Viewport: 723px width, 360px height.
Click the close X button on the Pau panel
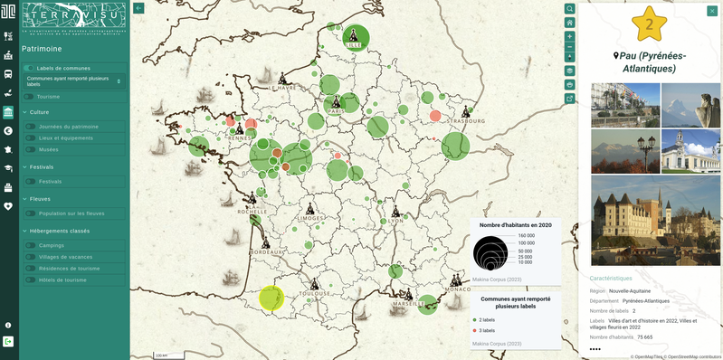pyautogui.click(x=712, y=11)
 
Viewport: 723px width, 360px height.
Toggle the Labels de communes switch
pyautogui.click(x=29, y=68)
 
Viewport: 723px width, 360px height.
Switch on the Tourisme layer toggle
pyautogui.click(x=29, y=96)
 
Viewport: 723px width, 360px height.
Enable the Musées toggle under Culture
pyautogui.click(x=30, y=149)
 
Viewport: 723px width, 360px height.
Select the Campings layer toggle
pyautogui.click(x=30, y=245)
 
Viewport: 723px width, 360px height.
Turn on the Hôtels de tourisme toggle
pyautogui.click(x=30, y=279)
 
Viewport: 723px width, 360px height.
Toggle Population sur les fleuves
pyautogui.click(x=30, y=213)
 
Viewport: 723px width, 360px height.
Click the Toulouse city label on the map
pyautogui.click(x=314, y=294)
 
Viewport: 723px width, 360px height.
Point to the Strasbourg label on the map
pyautogui.click(x=467, y=120)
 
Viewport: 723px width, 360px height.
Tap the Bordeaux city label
pyautogui.click(x=268, y=251)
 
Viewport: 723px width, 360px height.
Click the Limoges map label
pyautogui.click(x=310, y=218)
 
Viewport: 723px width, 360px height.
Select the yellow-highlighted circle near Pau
pyautogui.click(x=271, y=298)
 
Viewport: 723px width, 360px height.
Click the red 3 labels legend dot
pyautogui.click(x=475, y=330)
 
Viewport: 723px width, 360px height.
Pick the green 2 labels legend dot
pyautogui.click(x=475, y=320)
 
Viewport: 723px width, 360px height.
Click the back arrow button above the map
pyautogui.click(x=138, y=8)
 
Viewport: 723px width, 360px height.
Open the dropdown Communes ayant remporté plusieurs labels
pyautogui.click(x=74, y=81)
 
